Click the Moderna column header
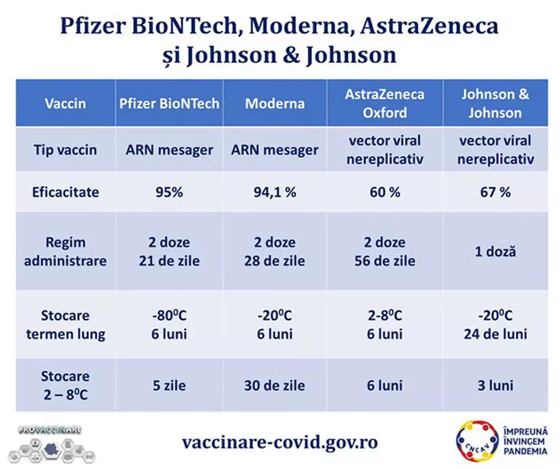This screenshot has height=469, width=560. tap(275, 103)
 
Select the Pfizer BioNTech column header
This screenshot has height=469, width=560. tap(169, 103)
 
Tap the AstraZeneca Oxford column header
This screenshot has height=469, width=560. tap(384, 103)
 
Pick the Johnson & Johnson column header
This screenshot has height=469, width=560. tap(495, 103)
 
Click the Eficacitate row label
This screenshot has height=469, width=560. tap(66, 192)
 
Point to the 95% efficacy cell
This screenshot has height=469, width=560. tap(169, 192)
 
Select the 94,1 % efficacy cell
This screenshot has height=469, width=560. tap(275, 192)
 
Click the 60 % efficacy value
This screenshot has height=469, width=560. tap(384, 192)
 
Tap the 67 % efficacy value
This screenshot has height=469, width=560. tap(495, 192)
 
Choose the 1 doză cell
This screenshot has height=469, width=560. tap(495, 252)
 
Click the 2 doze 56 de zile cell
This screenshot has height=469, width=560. tap(384, 252)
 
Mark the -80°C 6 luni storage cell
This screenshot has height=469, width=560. tap(169, 325)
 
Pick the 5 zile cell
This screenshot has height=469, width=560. tap(169, 385)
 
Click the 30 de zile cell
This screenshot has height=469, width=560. tap(275, 385)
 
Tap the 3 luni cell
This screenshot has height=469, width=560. tap(495, 385)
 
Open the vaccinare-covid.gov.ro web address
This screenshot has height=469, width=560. tap(279, 443)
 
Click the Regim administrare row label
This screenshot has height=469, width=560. tap(66, 252)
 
